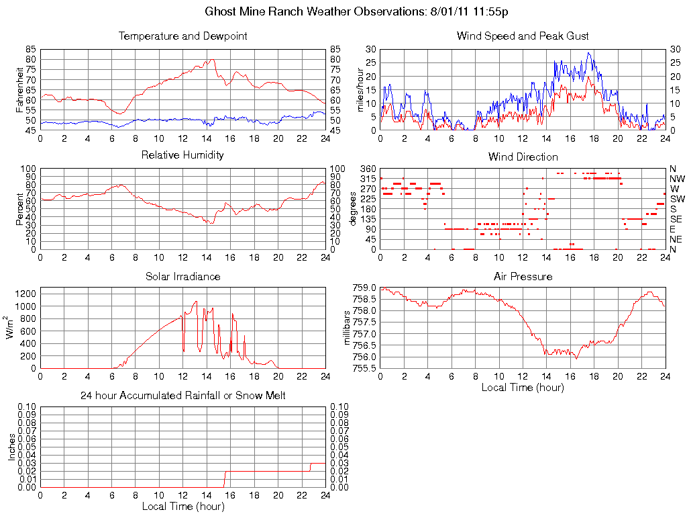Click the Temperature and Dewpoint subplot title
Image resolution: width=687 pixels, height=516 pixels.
tap(182, 36)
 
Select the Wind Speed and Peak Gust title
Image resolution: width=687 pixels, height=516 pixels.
tap(523, 36)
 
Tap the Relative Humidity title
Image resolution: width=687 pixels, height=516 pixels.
tap(182, 155)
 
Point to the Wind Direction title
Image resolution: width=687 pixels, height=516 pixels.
tap(523, 157)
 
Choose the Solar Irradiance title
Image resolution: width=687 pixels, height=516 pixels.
tap(182, 277)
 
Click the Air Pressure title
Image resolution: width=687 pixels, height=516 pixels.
tap(523, 277)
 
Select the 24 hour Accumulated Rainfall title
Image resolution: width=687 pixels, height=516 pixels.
tap(182, 396)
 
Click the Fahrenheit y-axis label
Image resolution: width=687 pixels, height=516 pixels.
tap(19, 90)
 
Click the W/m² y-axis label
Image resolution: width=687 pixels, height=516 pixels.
tap(11, 327)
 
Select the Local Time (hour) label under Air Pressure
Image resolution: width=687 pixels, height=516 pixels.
tap(523, 387)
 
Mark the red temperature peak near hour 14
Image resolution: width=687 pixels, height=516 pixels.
tap(213, 59)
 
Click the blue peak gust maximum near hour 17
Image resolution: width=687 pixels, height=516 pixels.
tap(588, 52)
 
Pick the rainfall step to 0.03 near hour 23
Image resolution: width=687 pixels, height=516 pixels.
tap(311, 464)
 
